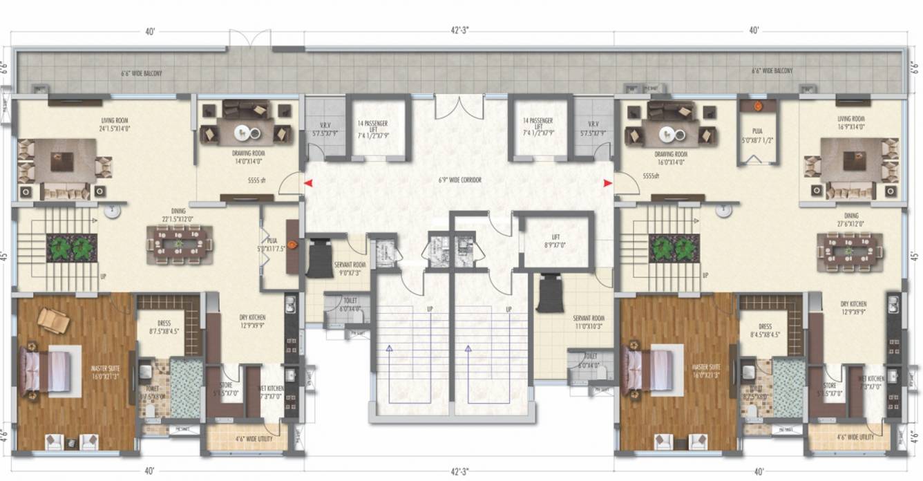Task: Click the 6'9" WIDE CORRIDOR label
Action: [459, 180]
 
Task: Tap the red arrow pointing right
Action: [607, 183]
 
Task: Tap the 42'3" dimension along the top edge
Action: [459, 30]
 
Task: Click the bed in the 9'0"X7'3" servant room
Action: [319, 258]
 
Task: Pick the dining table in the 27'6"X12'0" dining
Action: [849, 249]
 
